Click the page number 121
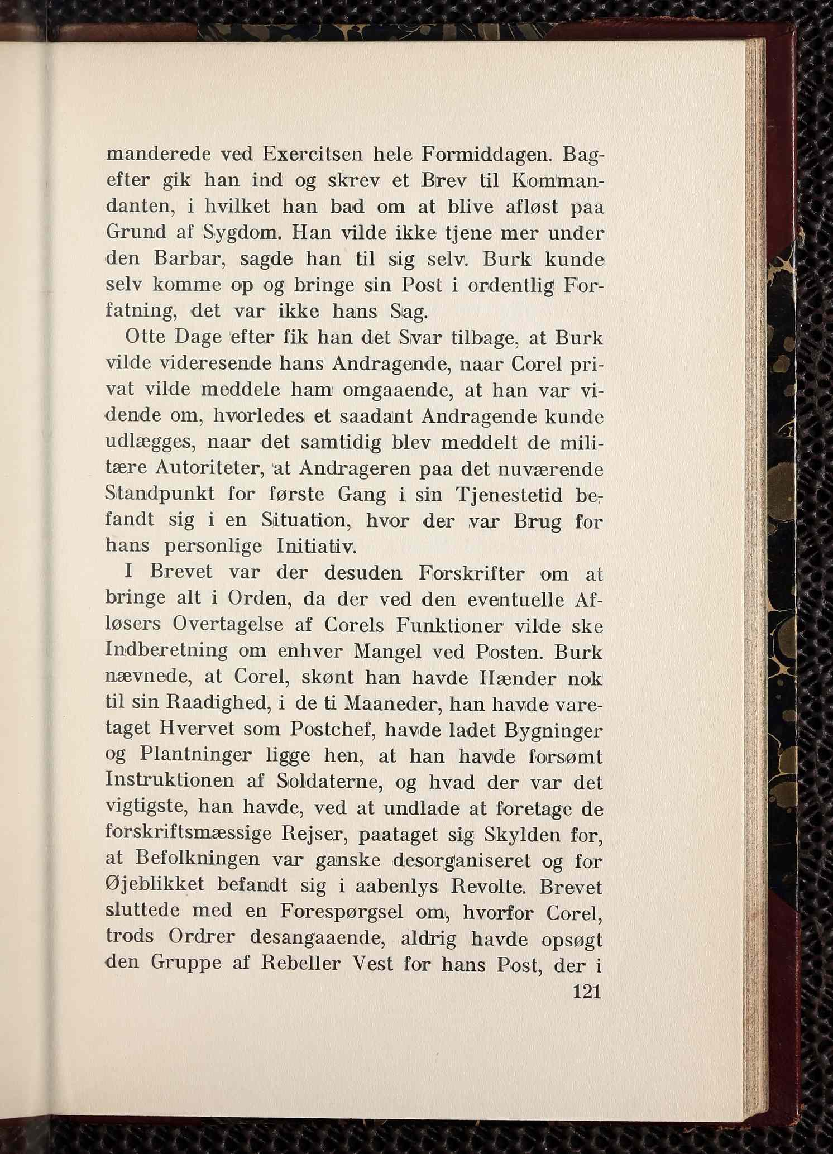585,992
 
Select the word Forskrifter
470,573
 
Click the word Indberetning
166,651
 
